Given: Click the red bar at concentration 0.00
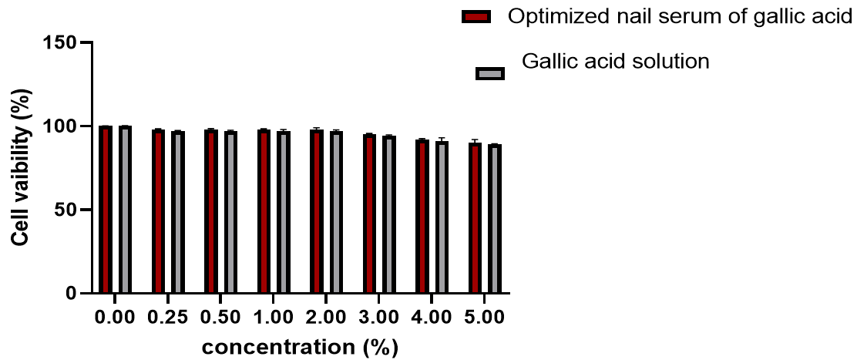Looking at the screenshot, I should [106, 210].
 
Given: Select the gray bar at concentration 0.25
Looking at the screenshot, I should [177, 212].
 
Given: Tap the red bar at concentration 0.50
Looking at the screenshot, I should [211, 211].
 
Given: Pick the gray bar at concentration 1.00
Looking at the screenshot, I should [283, 212].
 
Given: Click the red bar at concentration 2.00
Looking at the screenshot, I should [316, 211].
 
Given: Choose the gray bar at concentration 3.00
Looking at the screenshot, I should [388, 214].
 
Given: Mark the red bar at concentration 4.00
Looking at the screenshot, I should [422, 217].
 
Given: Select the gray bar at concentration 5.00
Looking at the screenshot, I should [494, 219].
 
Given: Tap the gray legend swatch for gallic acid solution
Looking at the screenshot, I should [489, 73].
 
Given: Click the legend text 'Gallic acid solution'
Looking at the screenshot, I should [615, 61].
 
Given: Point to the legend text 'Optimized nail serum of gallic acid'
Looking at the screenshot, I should [679, 17].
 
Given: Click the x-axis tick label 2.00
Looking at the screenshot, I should [326, 318].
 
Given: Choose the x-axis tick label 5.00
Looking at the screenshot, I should [484, 318].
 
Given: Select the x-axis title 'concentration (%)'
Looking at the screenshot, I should [300, 347].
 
